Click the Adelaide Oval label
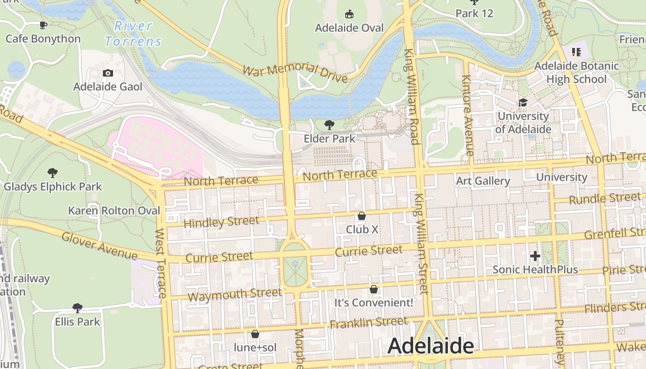pyautogui.click(x=349, y=28)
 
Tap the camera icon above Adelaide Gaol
pyautogui.click(x=108, y=73)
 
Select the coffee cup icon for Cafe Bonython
pyautogui.click(x=43, y=25)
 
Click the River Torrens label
pyautogui.click(x=133, y=34)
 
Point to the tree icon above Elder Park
pyautogui.click(x=329, y=125)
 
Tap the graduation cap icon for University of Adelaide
pyautogui.click(x=523, y=102)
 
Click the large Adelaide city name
pyautogui.click(x=431, y=346)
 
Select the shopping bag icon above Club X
pyautogui.click(x=362, y=216)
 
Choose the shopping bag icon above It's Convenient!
pyautogui.click(x=374, y=289)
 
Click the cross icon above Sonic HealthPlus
pyautogui.click(x=535, y=256)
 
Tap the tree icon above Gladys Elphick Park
pyautogui.click(x=53, y=173)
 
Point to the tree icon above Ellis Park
pyautogui.click(x=78, y=308)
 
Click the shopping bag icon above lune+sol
pyautogui.click(x=255, y=333)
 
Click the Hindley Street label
pyautogui.click(x=221, y=222)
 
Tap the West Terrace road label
pyautogui.click(x=160, y=263)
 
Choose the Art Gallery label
pyautogui.click(x=483, y=181)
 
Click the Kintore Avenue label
pyautogui.click(x=468, y=115)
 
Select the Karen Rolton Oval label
pyautogui.click(x=114, y=211)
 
